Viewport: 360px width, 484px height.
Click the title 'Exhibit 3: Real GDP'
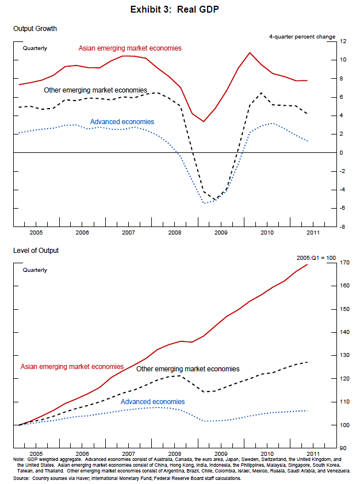coord(179,10)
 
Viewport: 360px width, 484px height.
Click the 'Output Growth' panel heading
coord(35,28)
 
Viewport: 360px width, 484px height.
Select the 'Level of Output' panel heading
coord(36,250)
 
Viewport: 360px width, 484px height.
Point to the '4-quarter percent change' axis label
coord(302,37)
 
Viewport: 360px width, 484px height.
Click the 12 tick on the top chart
coord(343,41)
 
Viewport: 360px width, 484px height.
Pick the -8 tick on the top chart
coord(343,226)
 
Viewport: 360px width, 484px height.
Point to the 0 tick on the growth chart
coord(342,152)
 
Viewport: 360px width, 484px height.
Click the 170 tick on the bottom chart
coord(344,263)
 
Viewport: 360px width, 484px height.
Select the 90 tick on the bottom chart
coord(343,448)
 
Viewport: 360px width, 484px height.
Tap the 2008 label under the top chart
coord(175,232)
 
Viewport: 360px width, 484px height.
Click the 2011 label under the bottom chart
coord(313,454)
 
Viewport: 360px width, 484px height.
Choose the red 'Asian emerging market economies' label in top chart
coord(130,48)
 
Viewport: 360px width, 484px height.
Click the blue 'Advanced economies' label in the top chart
coord(122,122)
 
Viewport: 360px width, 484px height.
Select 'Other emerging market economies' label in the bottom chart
coord(187,369)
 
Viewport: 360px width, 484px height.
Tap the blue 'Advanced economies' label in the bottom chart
coord(152,402)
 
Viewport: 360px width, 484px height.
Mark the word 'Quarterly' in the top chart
coord(35,48)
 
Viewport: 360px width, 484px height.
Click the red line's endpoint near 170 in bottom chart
coord(308,264)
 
